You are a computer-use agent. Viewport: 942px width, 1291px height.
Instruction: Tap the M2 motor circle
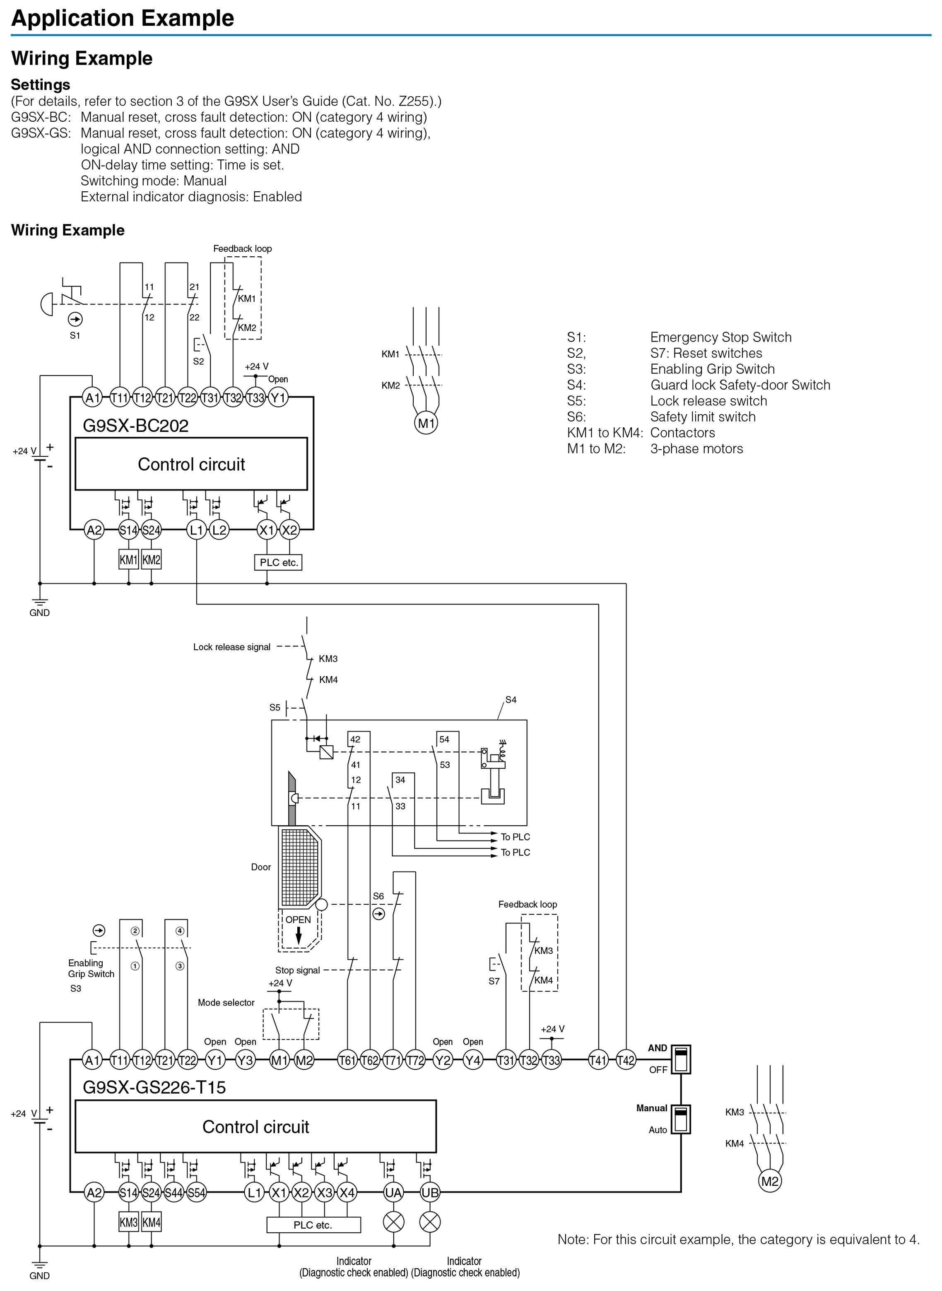(770, 1180)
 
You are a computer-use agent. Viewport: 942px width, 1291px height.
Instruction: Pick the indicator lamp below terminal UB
(430, 1221)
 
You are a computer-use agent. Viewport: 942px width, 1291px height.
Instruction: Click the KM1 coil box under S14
(128, 560)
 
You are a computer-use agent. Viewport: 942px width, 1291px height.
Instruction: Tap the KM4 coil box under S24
(151, 1222)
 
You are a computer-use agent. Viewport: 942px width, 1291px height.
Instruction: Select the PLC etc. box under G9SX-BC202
(278, 562)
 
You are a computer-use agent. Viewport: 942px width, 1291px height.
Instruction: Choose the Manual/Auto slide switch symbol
(681, 1119)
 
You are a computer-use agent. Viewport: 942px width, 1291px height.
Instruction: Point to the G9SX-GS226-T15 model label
(154, 1087)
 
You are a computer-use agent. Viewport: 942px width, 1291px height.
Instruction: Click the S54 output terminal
(196, 1192)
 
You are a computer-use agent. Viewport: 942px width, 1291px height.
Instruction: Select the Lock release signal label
(231, 647)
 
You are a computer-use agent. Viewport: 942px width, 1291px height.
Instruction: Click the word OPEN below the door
(298, 920)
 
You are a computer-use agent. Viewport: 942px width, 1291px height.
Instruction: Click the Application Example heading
(123, 18)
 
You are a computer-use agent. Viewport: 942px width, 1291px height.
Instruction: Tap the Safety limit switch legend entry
(703, 417)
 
